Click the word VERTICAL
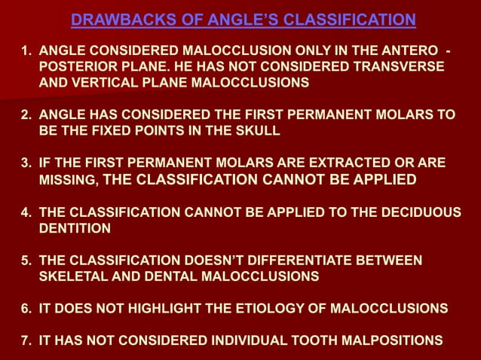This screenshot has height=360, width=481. tap(97, 83)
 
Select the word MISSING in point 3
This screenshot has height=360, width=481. tap(67, 180)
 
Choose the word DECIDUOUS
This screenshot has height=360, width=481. tap(420, 212)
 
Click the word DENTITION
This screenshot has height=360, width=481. tap(75, 227)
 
